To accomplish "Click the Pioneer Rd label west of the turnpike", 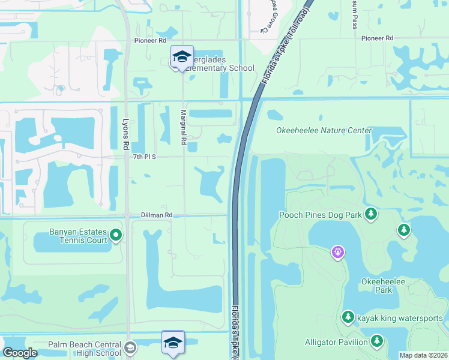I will (x=149, y=40).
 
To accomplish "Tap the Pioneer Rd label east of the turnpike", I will (x=377, y=38).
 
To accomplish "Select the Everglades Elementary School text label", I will (x=218, y=68).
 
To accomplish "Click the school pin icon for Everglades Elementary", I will (x=182, y=57).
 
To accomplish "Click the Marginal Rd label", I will (x=184, y=127).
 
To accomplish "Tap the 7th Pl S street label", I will (x=145, y=157).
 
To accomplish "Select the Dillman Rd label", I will (x=157, y=214).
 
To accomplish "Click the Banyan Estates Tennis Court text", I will (x=78, y=236).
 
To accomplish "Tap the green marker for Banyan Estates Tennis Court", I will (x=117, y=236).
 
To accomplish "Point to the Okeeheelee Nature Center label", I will (x=324, y=130).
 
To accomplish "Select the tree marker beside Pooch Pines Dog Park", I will (x=372, y=214).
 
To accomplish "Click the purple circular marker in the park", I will (x=339, y=252).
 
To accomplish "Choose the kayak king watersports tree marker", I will (x=348, y=317).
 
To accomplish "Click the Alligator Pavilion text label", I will (x=336, y=342).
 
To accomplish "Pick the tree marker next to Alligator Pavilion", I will (x=376, y=341).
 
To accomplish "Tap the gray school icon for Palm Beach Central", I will (x=130, y=347).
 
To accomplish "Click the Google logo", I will (x=20, y=353).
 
